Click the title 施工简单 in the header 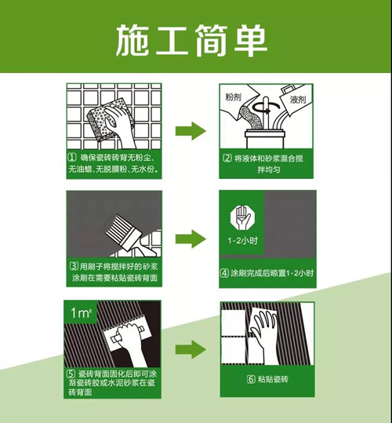[191, 41]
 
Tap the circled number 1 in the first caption [72, 158]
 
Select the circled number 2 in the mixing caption [227, 158]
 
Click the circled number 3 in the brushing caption [74, 267]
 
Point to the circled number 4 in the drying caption [224, 273]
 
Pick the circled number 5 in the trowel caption [71, 374]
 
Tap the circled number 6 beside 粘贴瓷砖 [251, 379]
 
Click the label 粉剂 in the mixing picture [234, 97]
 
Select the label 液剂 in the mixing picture [298, 100]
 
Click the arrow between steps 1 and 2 [191, 131]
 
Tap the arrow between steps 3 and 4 [191, 239]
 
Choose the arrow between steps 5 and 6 [191, 350]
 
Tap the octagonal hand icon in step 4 [242, 218]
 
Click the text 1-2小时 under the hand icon [243, 241]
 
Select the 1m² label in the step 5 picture [81, 313]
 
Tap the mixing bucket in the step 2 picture [264, 139]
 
